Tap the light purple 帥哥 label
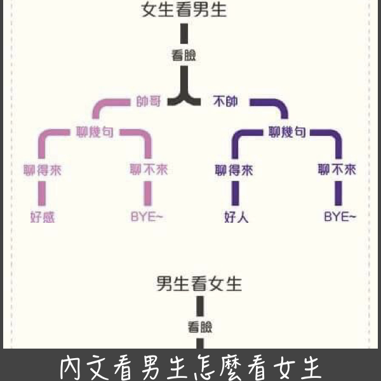[148, 101]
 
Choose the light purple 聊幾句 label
[95, 132]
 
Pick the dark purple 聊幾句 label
[288, 132]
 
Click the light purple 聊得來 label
[43, 170]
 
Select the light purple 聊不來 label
[149, 170]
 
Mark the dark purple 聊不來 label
[337, 170]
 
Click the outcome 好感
[43, 217]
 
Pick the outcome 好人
[236, 217]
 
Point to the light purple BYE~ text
[147, 217]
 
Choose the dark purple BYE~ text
[340, 217]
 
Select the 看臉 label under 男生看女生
[199, 327]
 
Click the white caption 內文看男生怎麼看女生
[190, 367]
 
